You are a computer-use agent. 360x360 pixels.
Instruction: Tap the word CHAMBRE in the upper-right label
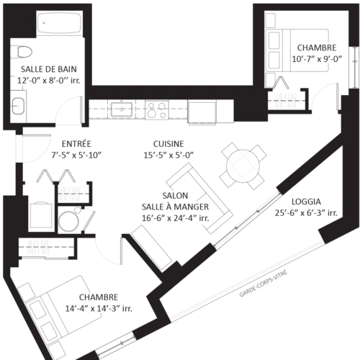click(x=316, y=48)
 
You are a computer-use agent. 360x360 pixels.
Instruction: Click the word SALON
click(x=175, y=196)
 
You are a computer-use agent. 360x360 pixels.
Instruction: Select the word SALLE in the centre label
click(x=156, y=207)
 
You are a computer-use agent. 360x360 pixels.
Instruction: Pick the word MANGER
click(x=193, y=207)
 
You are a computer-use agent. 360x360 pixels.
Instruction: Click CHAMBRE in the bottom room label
click(x=99, y=297)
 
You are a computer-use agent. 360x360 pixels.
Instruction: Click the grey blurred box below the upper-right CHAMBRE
click(x=284, y=101)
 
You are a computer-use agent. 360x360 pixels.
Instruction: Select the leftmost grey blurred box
click(x=37, y=247)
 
